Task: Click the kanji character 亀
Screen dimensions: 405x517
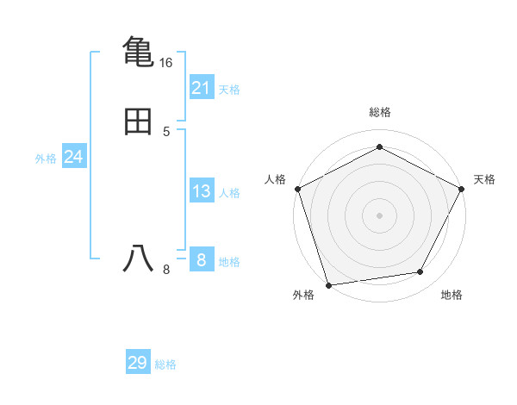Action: (x=138, y=51)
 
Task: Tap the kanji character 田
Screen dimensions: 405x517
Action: (x=138, y=121)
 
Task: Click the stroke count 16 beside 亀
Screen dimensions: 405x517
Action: (x=165, y=63)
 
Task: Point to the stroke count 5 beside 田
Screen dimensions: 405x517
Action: (x=166, y=132)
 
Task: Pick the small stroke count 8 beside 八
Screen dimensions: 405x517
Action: (x=166, y=270)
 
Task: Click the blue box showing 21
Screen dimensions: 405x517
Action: (x=202, y=87)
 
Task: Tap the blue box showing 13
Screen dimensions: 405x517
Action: (x=202, y=191)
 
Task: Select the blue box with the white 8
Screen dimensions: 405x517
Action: (x=202, y=260)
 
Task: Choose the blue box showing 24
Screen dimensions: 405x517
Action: (x=74, y=157)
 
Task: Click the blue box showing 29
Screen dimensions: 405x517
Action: (x=138, y=363)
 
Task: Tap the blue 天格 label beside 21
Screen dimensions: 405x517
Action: (x=229, y=90)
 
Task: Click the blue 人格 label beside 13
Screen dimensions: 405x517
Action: (x=229, y=193)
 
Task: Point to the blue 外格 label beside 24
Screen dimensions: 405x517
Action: (x=46, y=159)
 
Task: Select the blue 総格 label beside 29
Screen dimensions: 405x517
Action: (x=165, y=364)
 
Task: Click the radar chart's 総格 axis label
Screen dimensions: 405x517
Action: (x=379, y=112)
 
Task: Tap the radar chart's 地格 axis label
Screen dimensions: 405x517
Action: (x=452, y=296)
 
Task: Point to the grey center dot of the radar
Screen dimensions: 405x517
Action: (x=379, y=215)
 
